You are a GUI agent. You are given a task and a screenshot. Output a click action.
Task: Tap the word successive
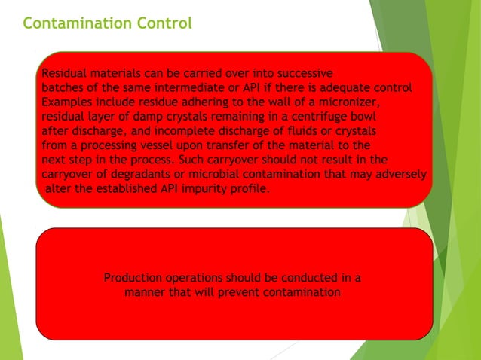pos(298,74)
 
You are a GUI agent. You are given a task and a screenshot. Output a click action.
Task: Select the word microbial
pos(204,174)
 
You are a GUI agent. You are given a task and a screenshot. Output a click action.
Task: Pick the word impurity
pos(204,188)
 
